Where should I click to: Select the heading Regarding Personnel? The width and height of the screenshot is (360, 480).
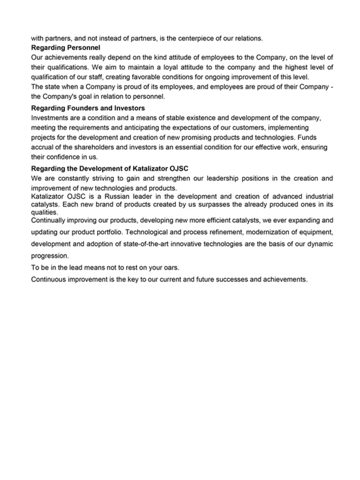click(66, 47)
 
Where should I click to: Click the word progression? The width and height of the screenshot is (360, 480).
click(50, 256)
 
